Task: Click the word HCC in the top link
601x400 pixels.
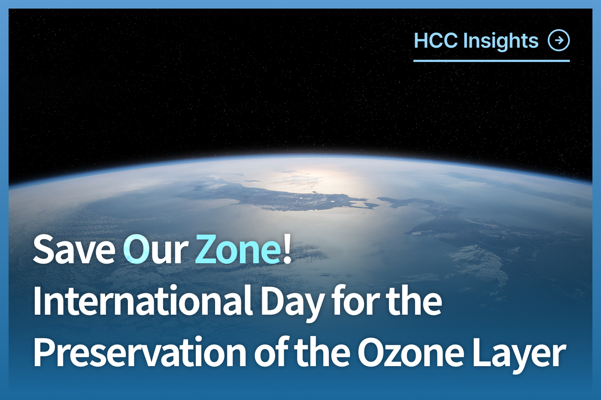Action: pyautogui.click(x=436, y=41)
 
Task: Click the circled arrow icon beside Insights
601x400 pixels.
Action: pyautogui.click(x=559, y=41)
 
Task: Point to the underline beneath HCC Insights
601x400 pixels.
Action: pyautogui.click(x=491, y=61)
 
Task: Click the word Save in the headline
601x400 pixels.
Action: pyautogui.click(x=74, y=250)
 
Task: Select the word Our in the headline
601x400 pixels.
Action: pyautogui.click(x=155, y=250)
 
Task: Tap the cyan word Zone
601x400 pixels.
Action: pyautogui.click(x=237, y=250)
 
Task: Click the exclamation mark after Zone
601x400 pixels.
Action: pyautogui.click(x=287, y=250)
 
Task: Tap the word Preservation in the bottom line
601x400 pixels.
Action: pyautogui.click(x=140, y=352)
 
